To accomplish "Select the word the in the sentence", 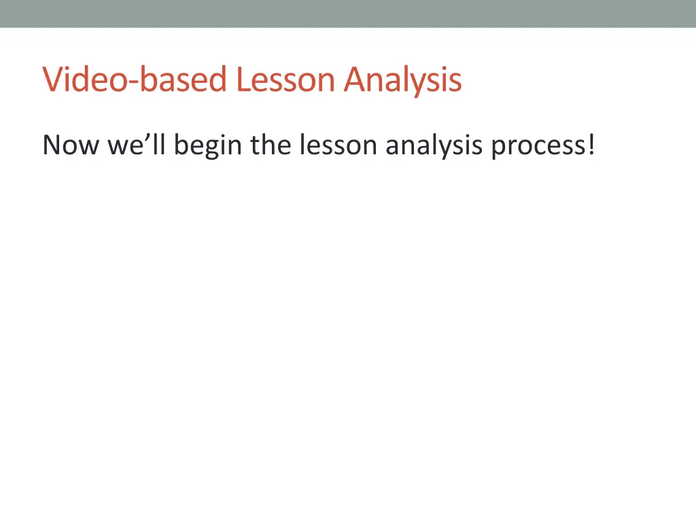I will [x=272, y=145].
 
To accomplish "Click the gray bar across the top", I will [x=348, y=14].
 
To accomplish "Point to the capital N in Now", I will [x=52, y=145].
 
